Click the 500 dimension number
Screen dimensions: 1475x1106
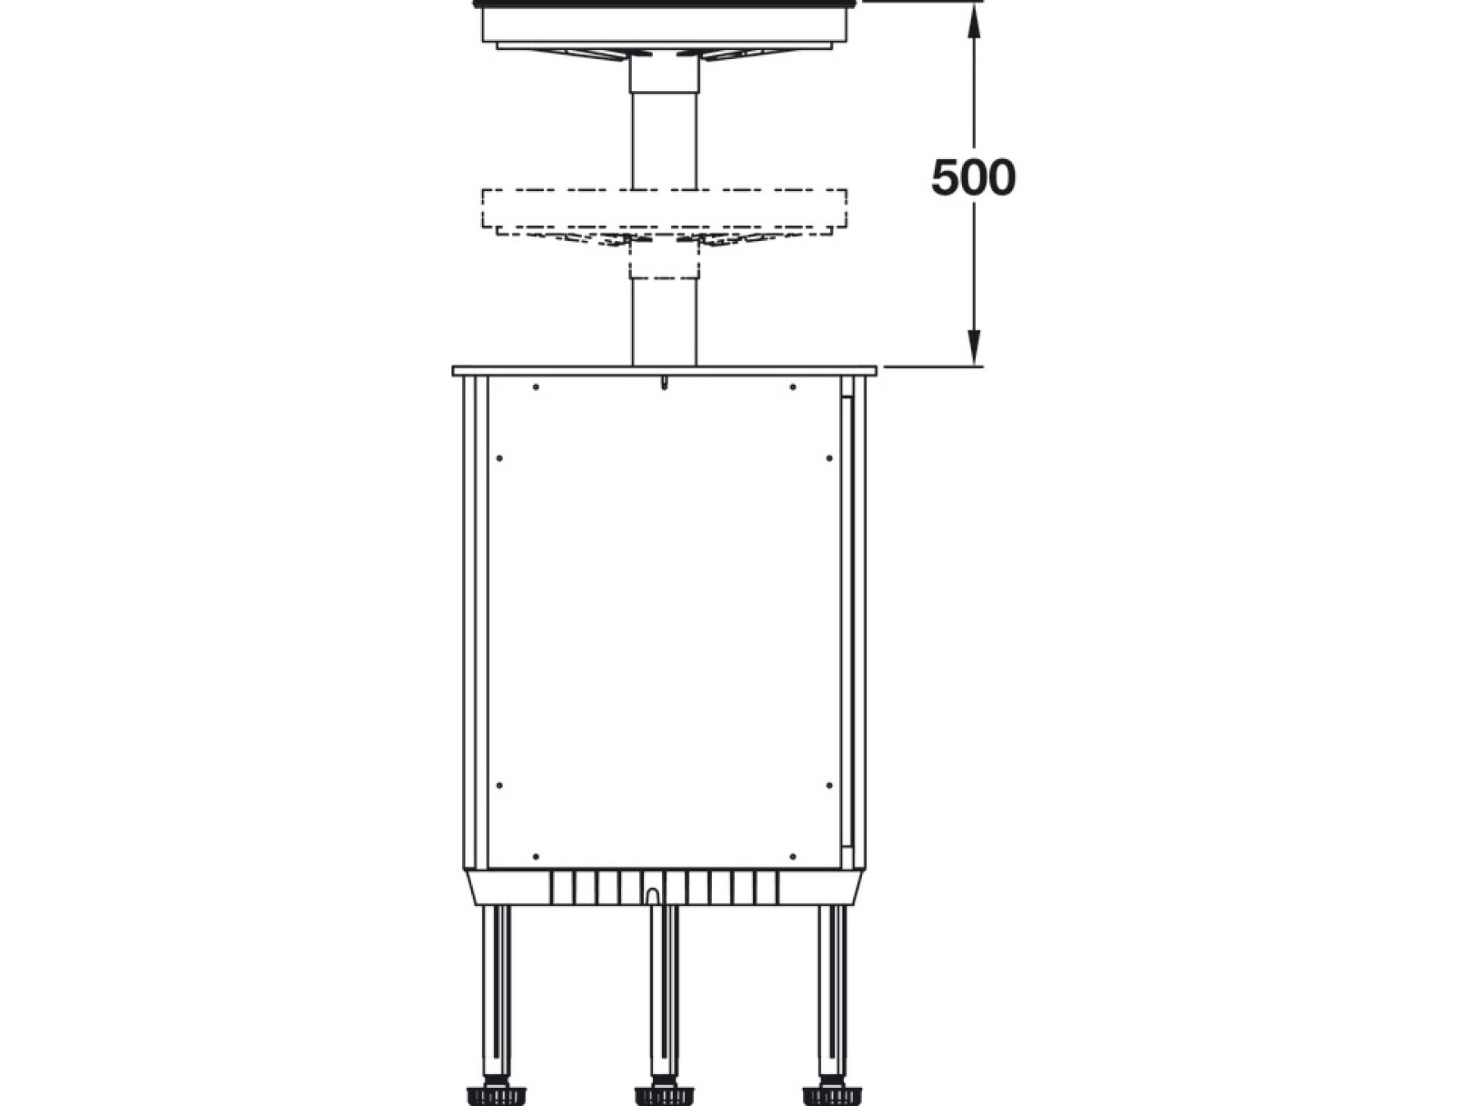[x=973, y=178]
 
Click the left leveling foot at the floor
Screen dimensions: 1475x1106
[x=496, y=1095]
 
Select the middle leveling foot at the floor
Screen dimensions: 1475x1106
[x=664, y=1095]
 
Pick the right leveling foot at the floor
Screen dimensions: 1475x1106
[x=832, y=1095]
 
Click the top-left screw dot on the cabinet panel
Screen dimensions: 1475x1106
[x=536, y=387]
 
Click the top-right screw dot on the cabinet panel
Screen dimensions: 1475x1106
[x=792, y=387]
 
